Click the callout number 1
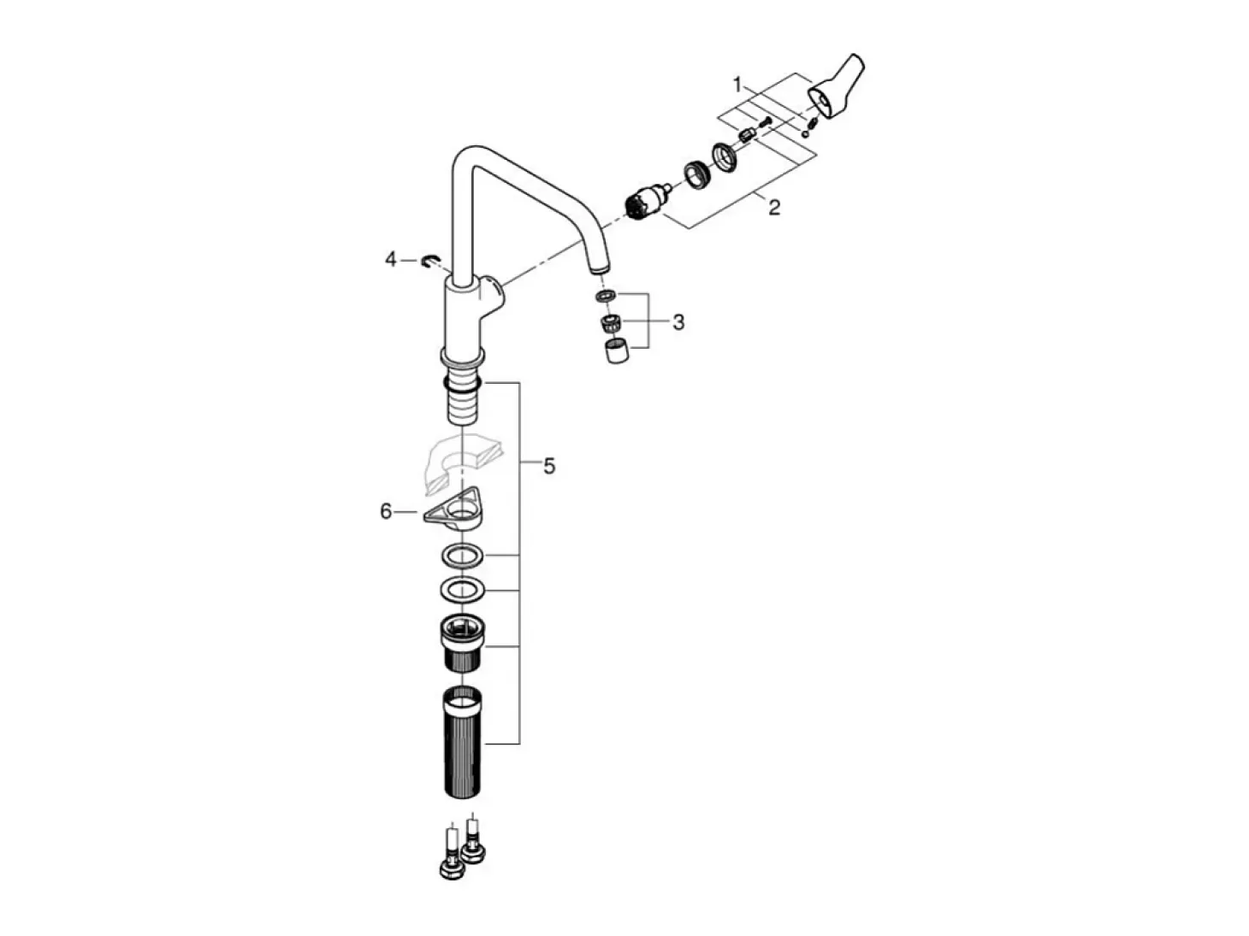(x=737, y=85)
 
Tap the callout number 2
(x=774, y=207)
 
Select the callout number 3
(x=678, y=322)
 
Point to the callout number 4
(x=390, y=260)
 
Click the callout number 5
(x=548, y=466)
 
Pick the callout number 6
(x=386, y=512)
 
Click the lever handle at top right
(x=835, y=89)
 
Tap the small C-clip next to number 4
(x=431, y=262)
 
